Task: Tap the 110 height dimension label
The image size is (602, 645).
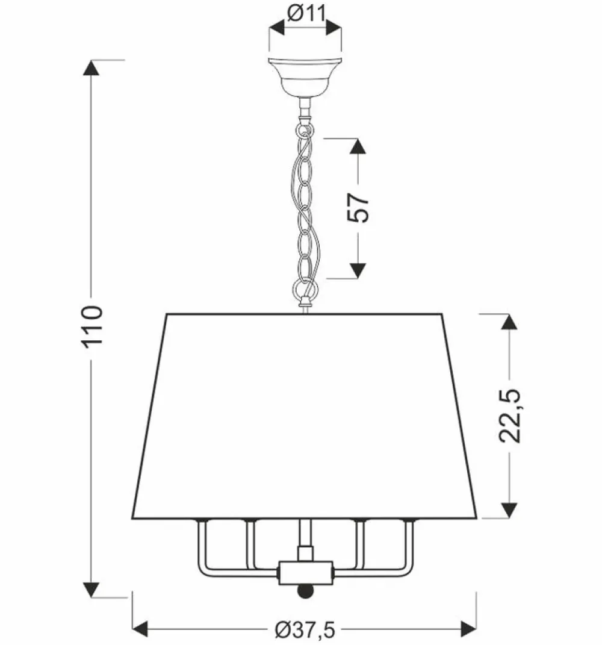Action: point(93,325)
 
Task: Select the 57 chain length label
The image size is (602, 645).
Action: point(359,208)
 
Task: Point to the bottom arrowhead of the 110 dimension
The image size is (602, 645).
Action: point(92,583)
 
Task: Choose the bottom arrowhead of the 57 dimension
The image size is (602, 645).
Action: point(358,270)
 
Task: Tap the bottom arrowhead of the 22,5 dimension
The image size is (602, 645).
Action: point(510,509)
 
